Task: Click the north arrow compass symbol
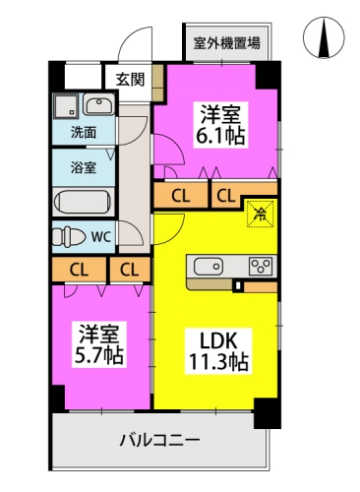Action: coord(324,37)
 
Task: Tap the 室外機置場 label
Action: coord(227,43)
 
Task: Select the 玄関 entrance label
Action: coord(130,80)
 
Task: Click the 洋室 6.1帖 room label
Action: coord(220,125)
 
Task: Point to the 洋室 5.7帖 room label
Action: coord(99,344)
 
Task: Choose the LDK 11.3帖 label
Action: coord(218,351)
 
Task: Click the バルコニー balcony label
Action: coord(159,440)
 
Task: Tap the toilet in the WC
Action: coord(67,236)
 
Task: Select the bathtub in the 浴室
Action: coord(83,203)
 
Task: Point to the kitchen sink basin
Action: coord(209,267)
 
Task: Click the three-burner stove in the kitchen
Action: coord(261,266)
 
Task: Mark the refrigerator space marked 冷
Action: coord(260,214)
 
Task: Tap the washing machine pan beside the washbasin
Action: coord(66,106)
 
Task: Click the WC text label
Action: coord(101,236)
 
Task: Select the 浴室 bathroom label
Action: coord(84,167)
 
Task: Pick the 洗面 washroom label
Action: coord(84,133)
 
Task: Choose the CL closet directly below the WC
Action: coord(79,270)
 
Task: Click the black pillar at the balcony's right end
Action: coord(268,413)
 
